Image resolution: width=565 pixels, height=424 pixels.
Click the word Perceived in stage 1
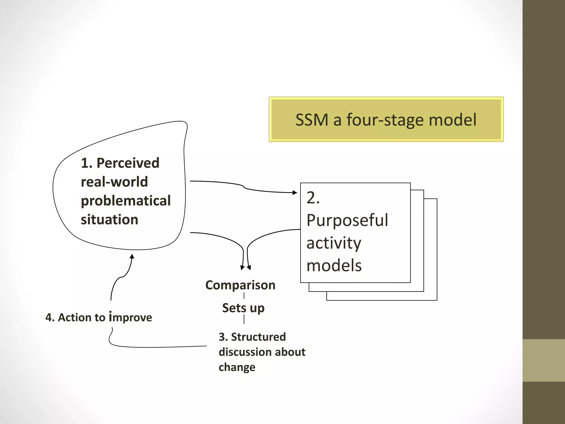pos(128,163)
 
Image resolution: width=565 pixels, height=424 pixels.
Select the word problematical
pos(126,201)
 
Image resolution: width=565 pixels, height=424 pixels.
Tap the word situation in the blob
pos(110,220)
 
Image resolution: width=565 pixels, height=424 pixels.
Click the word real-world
pos(114,182)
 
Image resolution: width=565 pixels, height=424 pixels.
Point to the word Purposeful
pos(347,221)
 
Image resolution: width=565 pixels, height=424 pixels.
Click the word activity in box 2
pos(334,243)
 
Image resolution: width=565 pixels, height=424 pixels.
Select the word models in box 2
pos(334,266)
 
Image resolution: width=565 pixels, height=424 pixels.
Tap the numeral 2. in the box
pos(313,198)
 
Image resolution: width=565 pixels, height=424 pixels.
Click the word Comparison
pos(240,285)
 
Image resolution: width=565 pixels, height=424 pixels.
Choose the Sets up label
pos(243,308)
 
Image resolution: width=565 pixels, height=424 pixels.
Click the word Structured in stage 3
pos(258,337)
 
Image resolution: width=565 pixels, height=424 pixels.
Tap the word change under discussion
pos(237,367)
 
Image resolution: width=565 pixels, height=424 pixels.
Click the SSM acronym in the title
pos(312,120)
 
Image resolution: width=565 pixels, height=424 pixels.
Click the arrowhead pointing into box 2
pos(295,192)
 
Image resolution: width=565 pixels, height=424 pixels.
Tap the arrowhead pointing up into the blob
pos(132,256)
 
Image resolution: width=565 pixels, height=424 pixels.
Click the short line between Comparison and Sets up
pos(244,296)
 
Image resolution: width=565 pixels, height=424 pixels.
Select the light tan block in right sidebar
pos(543,360)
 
